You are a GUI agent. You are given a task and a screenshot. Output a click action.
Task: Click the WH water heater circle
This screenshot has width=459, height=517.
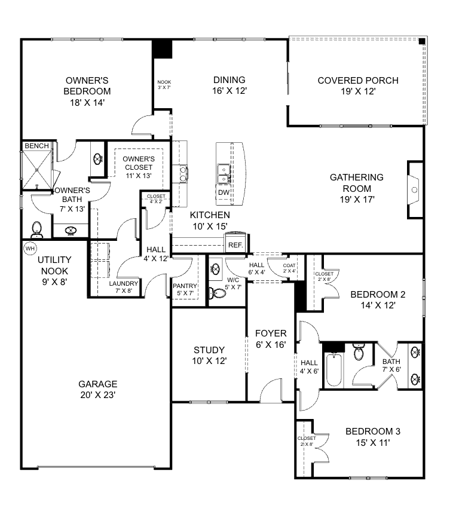29,247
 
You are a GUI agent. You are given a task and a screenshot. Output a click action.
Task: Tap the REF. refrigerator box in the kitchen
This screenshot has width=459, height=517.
234,244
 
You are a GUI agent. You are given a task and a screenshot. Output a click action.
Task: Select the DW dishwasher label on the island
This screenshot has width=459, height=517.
223,192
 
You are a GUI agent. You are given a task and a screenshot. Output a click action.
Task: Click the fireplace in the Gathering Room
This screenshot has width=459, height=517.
414,190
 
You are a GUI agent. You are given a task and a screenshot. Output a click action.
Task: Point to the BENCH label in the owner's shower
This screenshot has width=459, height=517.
36,146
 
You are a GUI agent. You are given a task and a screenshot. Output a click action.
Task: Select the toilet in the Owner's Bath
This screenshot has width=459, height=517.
36,228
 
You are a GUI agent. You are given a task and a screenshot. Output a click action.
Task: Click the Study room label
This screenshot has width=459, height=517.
209,350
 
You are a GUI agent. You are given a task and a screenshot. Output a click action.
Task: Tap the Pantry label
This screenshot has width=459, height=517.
185,286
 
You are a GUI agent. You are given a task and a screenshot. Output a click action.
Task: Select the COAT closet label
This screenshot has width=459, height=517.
289,265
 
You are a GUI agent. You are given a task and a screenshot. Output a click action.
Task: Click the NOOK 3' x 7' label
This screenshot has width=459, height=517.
164,82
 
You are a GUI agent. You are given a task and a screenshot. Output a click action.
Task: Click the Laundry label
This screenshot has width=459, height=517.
124,283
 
